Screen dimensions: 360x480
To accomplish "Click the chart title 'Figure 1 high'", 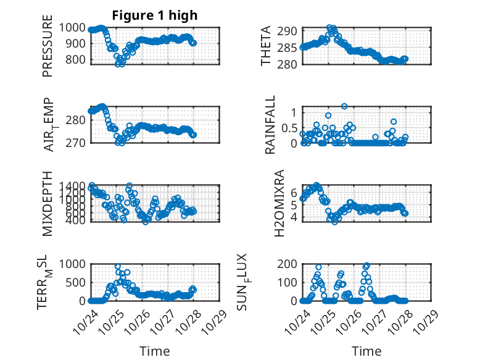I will (154, 15).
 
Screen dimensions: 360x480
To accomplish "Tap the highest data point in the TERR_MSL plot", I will (118, 267).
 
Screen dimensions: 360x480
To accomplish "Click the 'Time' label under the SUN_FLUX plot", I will (366, 351).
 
